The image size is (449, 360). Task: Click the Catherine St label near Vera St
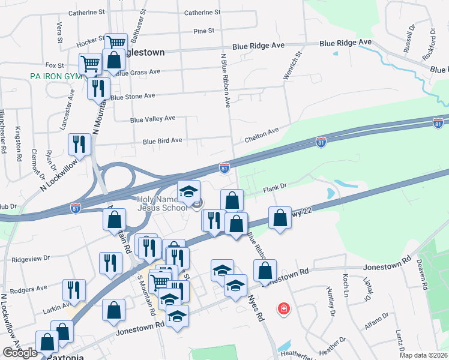86,12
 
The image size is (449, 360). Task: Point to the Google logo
20,353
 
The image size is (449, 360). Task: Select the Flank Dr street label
276,188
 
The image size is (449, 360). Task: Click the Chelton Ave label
262,131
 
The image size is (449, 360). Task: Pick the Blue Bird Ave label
162,141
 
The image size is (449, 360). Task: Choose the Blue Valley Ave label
153,119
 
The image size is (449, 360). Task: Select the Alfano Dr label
378,322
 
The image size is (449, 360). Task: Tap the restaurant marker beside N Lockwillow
79,144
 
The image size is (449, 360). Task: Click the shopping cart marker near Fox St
90,63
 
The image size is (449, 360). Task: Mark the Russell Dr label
409,39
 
